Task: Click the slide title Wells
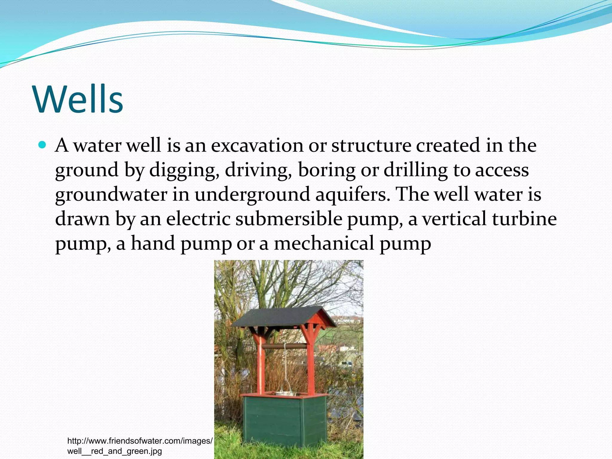tap(78, 99)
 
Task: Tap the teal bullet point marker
tap(42, 145)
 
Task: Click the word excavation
tap(257, 146)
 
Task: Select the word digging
tap(182, 170)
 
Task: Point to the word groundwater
tap(111, 195)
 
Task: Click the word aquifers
tap(352, 195)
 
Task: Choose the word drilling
tap(415, 170)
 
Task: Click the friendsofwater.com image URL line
tap(140, 441)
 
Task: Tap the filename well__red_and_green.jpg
tap(114, 451)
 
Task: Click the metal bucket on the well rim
tap(285, 393)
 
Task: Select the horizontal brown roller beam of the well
tap(284, 346)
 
